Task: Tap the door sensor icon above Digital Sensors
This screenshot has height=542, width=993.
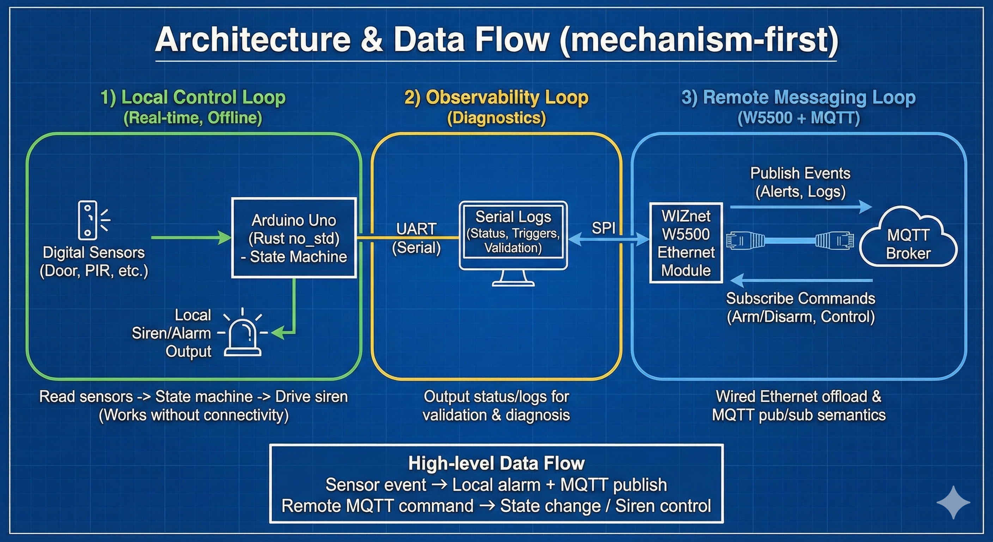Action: tap(88, 220)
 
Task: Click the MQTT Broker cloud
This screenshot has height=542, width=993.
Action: tap(908, 239)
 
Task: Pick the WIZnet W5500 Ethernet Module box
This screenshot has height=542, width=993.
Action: tap(686, 243)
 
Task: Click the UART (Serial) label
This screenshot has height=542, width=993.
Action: tap(416, 239)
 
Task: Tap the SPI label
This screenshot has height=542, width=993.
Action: tap(603, 228)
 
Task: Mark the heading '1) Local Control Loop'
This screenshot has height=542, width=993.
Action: tap(193, 97)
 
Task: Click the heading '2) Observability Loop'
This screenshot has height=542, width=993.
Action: tap(496, 97)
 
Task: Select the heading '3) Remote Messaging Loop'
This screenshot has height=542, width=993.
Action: tap(798, 97)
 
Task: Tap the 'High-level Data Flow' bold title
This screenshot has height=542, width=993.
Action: tap(496, 463)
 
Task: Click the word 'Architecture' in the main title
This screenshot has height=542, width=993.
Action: tap(252, 40)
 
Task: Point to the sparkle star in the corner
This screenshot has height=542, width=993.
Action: tap(953, 502)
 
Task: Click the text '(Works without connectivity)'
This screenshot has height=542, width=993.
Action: tap(194, 415)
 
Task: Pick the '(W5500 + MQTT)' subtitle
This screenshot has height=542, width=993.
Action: tap(798, 118)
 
